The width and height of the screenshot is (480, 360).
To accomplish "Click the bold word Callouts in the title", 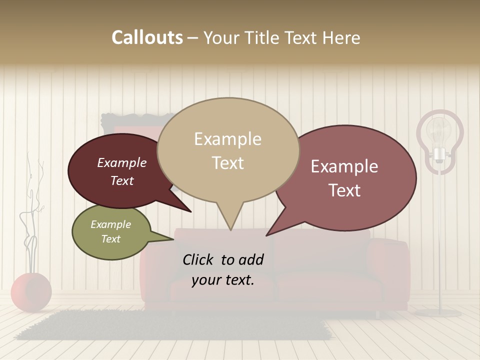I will pyautogui.click(x=147, y=37).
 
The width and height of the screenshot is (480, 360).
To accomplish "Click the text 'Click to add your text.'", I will pyautogui.click(x=222, y=269).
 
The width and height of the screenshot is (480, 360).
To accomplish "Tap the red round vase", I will pyautogui.click(x=31, y=292).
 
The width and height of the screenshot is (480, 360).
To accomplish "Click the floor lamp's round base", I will pyautogui.click(x=438, y=313).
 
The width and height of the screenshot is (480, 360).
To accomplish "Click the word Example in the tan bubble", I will pyautogui.click(x=227, y=139).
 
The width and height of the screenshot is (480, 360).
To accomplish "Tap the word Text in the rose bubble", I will pyautogui.click(x=344, y=190).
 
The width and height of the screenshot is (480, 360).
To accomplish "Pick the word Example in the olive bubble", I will pyautogui.click(x=110, y=224).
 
